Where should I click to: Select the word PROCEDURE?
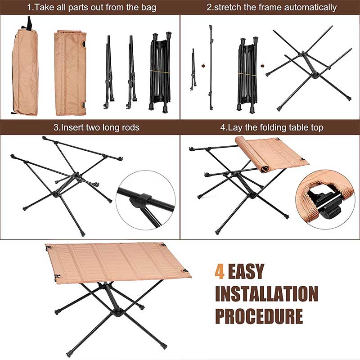(259, 316)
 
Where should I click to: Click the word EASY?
(245, 271)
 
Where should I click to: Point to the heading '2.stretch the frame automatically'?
(271, 8)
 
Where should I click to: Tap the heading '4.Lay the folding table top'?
(272, 128)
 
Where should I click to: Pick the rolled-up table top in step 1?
(70, 73)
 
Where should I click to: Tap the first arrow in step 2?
(203, 66)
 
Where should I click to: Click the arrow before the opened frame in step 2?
(262, 66)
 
